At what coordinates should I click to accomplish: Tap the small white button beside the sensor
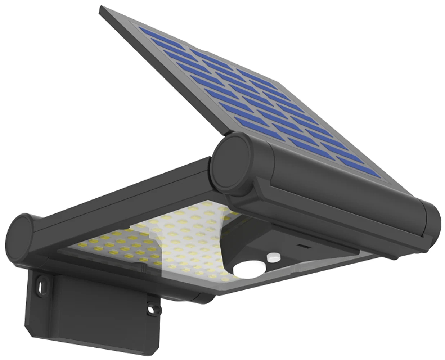point(273,257)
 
